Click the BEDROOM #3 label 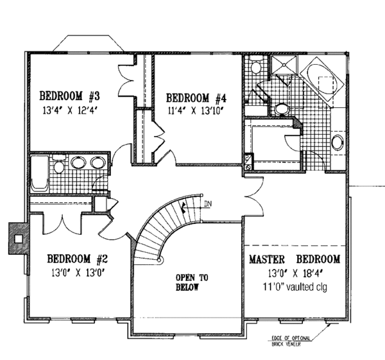coord(70,96)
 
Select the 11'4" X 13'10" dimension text coord(196,110)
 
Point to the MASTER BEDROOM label coord(294,259)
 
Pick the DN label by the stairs coord(207,205)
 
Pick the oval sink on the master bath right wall coord(338,142)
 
